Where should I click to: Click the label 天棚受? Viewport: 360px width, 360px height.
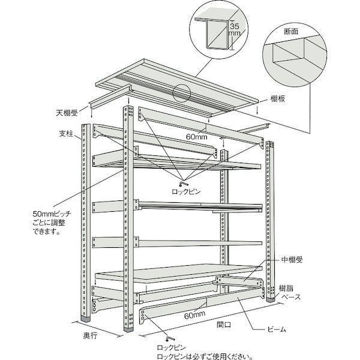coord(67,113)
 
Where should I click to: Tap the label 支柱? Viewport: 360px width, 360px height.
coord(66,134)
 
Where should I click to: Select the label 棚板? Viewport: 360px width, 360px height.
coord(278,99)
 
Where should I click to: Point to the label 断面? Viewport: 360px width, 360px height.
coord(291,31)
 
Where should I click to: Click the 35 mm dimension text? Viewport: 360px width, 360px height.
coord(235,29)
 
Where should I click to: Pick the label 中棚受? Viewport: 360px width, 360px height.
coord(292,260)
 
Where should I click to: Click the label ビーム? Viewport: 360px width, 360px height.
coord(277,329)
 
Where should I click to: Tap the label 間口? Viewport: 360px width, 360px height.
coord(224,325)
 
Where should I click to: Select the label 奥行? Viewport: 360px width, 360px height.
coord(90,335)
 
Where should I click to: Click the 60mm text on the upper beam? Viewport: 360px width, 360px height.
coord(197,137)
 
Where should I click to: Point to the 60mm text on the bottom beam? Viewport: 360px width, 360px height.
coord(194,315)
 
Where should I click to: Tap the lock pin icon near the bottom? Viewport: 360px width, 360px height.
coord(170,338)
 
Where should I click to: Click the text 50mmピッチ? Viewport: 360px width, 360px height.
coord(52,214)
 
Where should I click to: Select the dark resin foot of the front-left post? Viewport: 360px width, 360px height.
coord(86,320)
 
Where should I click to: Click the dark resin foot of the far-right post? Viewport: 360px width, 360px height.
coord(270,299)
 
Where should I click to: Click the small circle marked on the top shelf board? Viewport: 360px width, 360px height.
coord(182,94)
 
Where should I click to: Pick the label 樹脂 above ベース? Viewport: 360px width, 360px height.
coord(286,288)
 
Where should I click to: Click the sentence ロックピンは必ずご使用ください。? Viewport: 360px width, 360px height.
coord(205,356)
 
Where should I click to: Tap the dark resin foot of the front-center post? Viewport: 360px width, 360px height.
coord(128,329)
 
